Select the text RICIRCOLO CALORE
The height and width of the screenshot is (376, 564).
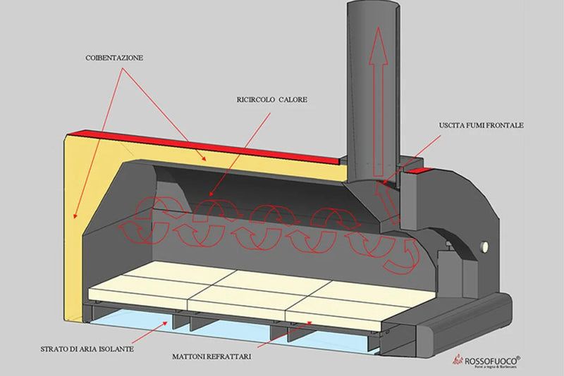(x=272, y=99)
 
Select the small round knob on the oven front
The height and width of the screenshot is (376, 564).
(x=486, y=247)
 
